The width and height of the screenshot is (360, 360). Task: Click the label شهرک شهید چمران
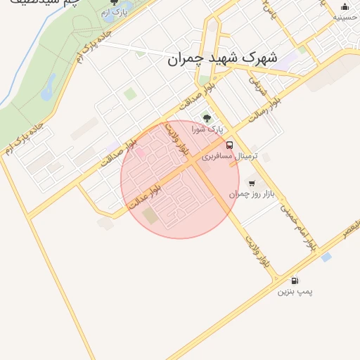[223, 58]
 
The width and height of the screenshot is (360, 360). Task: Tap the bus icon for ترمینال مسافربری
[231, 145]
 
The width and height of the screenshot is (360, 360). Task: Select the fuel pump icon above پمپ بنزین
[294, 280]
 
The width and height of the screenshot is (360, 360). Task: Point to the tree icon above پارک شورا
[207, 119]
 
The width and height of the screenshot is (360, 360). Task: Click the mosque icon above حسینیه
[345, 6]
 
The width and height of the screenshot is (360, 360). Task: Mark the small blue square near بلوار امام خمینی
[326, 257]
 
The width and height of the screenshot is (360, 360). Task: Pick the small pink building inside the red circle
[139, 152]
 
